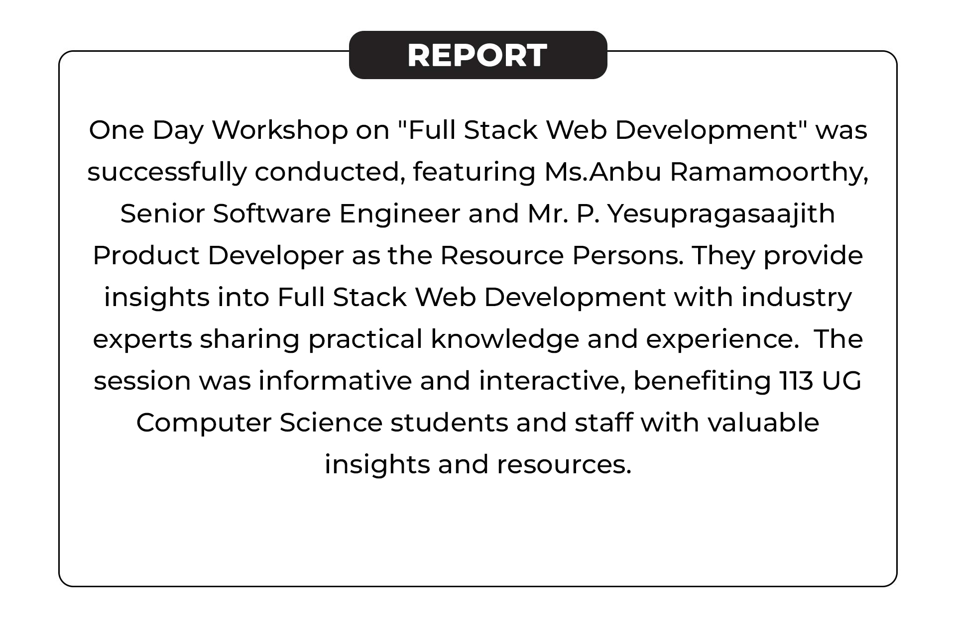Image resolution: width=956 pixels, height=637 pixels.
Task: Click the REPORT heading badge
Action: [478, 55]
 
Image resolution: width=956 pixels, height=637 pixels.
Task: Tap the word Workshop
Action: [280, 130]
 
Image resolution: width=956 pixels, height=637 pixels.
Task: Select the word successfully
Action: [167, 173]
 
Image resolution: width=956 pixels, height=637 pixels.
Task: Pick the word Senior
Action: [163, 214]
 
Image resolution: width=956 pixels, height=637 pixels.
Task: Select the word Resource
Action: [502, 256]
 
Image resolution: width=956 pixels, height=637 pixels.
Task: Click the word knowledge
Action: [505, 340]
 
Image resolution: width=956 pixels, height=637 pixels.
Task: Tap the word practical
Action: [365, 340]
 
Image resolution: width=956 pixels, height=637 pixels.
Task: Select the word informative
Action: [335, 381]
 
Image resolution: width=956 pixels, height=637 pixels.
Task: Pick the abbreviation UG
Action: [841, 381]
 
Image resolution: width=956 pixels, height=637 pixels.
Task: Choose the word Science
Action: [331, 423]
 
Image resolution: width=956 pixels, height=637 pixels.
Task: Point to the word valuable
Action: [763, 423]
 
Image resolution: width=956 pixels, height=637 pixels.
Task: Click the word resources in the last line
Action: [564, 465]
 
